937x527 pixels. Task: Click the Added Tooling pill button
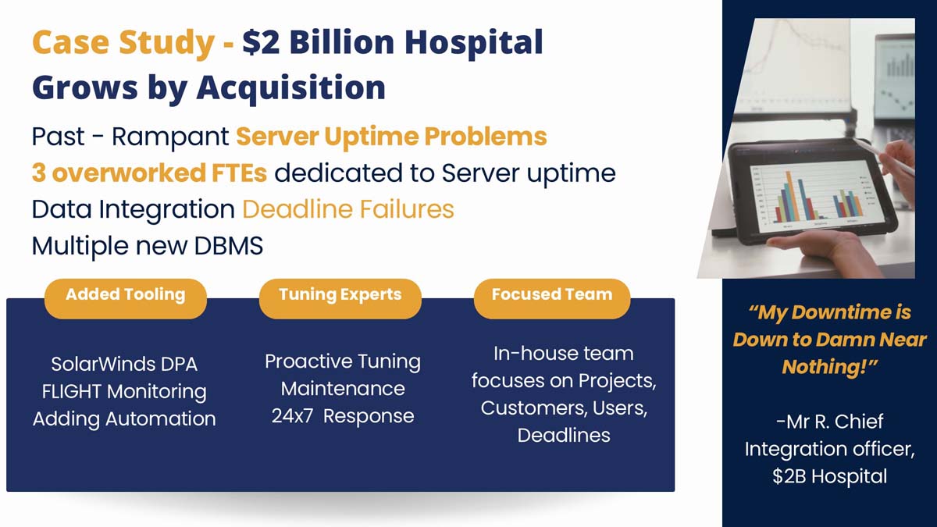pos(126,298)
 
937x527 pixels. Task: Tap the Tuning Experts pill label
pos(340,298)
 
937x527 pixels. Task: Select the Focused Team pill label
pos(552,298)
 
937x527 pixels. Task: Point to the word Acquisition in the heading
pos(291,89)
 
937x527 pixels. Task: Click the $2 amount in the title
pos(261,43)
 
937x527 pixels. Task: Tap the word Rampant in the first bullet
pos(170,137)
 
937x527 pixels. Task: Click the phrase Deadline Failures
pos(348,209)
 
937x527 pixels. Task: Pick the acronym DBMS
pos(228,245)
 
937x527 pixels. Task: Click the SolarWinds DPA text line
pos(124,365)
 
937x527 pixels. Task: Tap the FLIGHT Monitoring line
pos(124,392)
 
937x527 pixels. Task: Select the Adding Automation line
pos(124,419)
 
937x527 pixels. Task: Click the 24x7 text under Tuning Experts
pos(292,416)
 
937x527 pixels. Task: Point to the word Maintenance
pos(343,389)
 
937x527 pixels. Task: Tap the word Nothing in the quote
pos(824,367)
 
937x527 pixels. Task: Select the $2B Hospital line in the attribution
pos(829,476)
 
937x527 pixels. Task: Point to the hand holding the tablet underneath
pos(820,247)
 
